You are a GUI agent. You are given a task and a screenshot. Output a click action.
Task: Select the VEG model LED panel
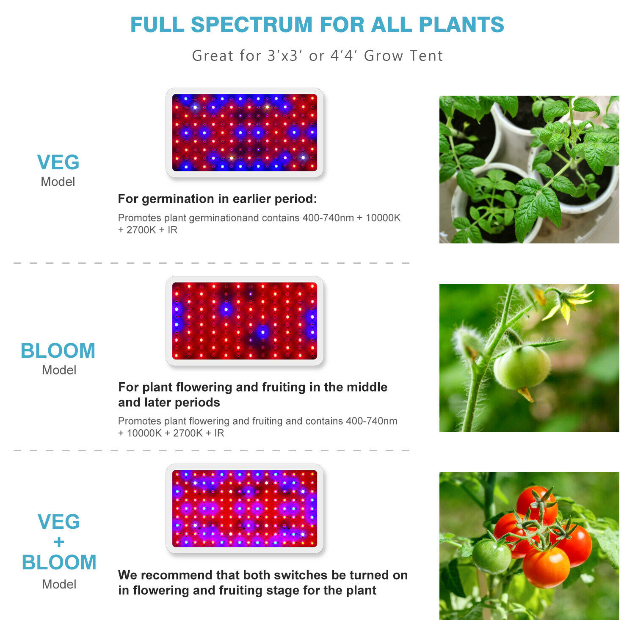click(245, 133)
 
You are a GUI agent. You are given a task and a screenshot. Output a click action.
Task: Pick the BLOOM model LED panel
click(245, 321)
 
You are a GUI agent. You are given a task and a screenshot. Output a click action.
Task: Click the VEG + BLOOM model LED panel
click(245, 509)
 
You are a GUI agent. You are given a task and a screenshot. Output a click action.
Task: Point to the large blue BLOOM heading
click(58, 351)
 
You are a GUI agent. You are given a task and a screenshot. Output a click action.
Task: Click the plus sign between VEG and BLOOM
click(59, 542)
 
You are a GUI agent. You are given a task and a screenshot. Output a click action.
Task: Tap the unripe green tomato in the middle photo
click(522, 367)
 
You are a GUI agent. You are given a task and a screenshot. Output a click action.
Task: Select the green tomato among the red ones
click(491, 556)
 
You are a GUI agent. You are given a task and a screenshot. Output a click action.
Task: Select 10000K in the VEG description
click(383, 218)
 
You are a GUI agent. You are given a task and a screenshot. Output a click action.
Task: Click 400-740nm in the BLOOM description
click(372, 421)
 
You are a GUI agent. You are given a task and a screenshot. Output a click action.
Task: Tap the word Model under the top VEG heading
click(58, 182)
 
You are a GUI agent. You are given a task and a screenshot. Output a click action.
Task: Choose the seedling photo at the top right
click(529, 169)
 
